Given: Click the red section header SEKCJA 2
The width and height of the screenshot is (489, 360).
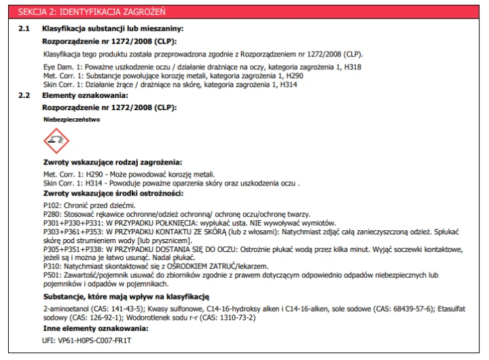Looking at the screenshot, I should pyautogui.click(x=91, y=12).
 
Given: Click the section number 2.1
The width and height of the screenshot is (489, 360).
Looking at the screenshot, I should pyautogui.click(x=24, y=29).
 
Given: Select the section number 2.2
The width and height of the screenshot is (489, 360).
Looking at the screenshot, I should pyautogui.click(x=24, y=96).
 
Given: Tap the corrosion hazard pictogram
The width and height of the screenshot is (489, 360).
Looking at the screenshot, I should pyautogui.click(x=56, y=142).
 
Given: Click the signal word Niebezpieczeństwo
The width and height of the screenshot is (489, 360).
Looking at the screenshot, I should pyautogui.click(x=71, y=119).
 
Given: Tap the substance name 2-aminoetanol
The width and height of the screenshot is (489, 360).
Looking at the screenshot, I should pyautogui.click(x=65, y=309).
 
